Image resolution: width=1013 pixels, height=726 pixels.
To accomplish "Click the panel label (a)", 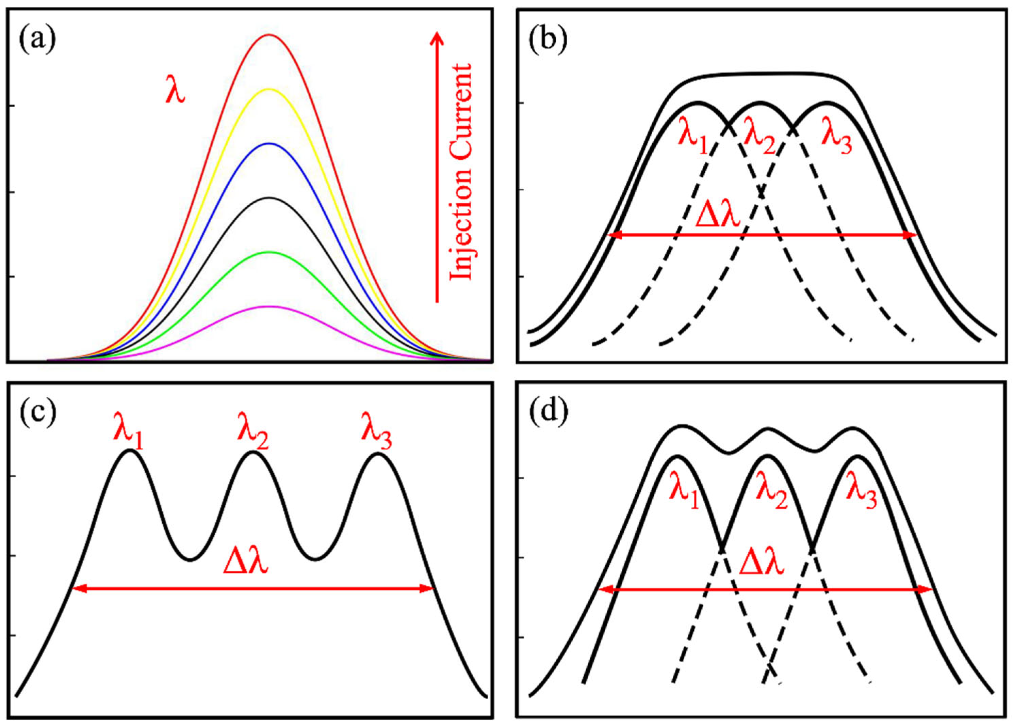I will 37,40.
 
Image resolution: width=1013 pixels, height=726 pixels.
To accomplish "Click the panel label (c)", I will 37,412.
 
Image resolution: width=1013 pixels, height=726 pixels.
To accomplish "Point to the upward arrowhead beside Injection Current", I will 437,38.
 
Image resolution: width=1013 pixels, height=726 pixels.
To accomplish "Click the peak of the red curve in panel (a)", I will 268,35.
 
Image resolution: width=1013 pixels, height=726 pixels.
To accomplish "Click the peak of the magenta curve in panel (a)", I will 268,307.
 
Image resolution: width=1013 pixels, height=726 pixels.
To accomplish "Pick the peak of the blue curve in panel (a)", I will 268,143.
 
